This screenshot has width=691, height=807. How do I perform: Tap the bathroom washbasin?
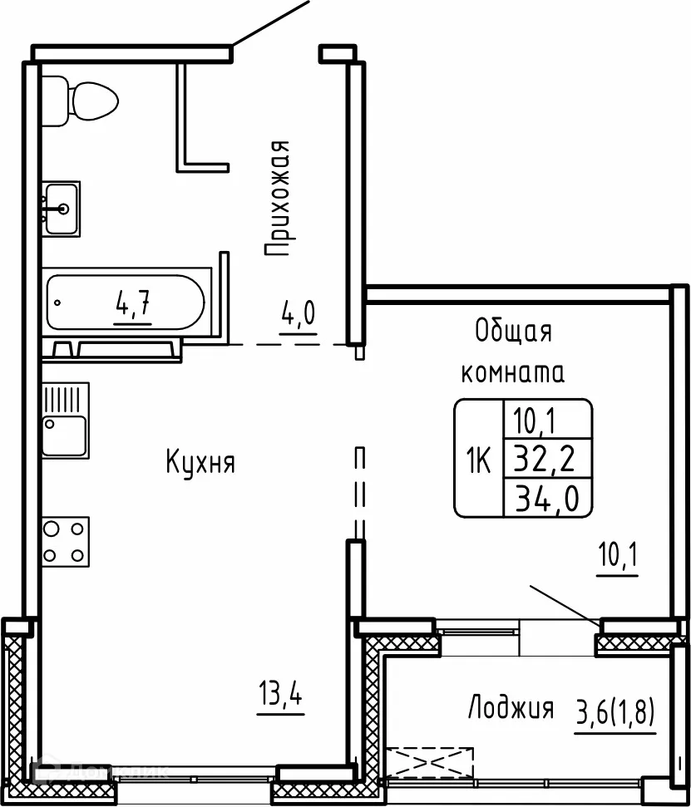(61, 208)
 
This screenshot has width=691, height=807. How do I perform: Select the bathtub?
(126, 303)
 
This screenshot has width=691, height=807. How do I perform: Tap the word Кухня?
(200, 462)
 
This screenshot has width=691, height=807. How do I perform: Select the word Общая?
(513, 332)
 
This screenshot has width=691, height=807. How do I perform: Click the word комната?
(513, 372)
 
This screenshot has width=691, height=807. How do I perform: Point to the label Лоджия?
(511, 709)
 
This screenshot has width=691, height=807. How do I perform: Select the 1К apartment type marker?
(479, 457)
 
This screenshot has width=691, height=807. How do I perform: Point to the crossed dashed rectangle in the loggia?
(430, 761)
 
